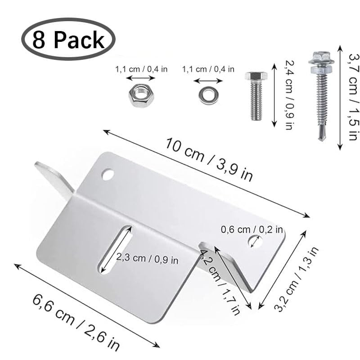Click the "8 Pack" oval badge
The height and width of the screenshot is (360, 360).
pos(68,39)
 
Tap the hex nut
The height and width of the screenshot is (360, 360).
pos(141,95)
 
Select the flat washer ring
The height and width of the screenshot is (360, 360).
pos(208,95)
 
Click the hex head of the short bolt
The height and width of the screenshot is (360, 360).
pos(256,76)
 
